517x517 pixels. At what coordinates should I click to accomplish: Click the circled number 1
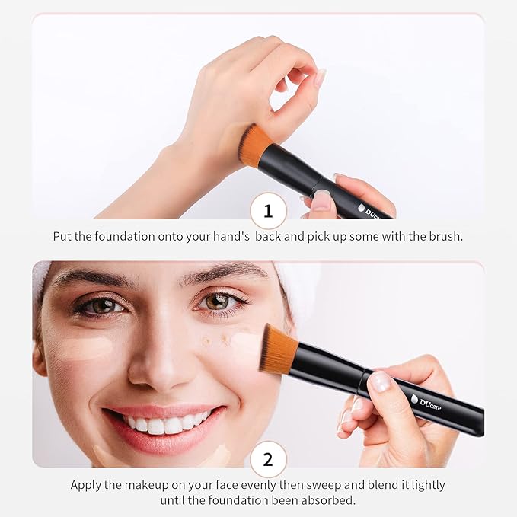click(268, 210)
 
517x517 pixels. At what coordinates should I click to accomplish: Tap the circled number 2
click(268, 459)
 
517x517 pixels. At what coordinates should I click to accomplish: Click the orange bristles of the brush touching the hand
click(255, 145)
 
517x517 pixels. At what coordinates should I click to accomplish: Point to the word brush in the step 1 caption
click(445, 236)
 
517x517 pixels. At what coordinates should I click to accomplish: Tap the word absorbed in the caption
click(330, 501)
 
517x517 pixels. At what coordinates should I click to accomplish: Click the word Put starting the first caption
click(63, 236)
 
